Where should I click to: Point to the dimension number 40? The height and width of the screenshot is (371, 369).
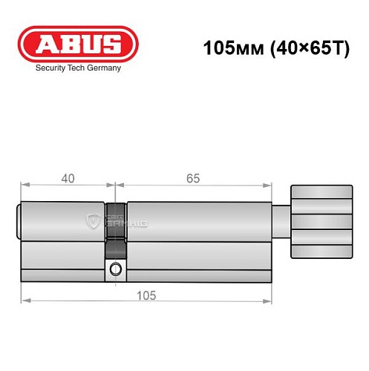point(68,178)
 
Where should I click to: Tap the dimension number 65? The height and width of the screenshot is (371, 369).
point(192,178)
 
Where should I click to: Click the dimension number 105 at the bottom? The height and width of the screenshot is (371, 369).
point(146,295)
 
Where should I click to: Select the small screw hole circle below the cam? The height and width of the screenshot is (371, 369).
point(115,269)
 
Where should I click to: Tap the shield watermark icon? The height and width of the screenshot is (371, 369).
point(94,220)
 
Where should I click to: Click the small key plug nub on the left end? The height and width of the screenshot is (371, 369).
point(19,221)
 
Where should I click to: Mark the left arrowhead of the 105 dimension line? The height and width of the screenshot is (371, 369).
point(25,300)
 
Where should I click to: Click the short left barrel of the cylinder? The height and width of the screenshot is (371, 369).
point(63,221)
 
